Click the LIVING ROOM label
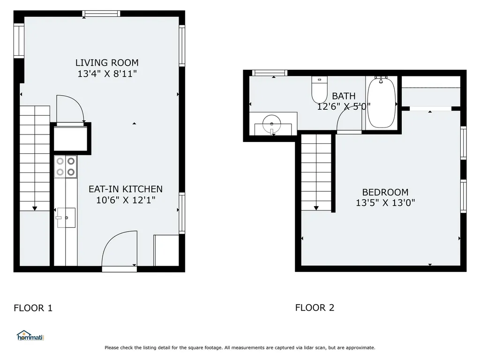107,62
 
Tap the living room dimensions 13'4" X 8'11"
107,74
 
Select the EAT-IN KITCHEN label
126,189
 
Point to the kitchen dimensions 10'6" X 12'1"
126,200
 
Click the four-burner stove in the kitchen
66,166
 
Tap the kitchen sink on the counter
66,217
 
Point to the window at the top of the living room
102,14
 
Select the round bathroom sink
272,125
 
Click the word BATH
344,96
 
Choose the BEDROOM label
385,192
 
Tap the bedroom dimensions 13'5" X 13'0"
385,203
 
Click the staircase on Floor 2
316,172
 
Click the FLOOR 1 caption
33,308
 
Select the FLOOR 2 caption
315,307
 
